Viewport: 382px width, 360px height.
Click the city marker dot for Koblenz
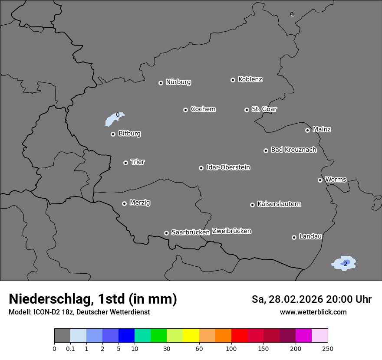pos(233,80)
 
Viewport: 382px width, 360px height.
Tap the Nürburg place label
pos(178,82)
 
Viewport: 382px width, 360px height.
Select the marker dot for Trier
pos(125,163)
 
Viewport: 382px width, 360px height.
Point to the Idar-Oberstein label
pos(228,167)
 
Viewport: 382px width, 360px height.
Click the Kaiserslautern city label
pos(279,204)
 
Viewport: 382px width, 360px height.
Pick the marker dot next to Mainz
pos(307,130)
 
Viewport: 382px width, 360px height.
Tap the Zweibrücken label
pos(231,231)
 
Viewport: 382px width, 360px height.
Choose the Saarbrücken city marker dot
pos(166,233)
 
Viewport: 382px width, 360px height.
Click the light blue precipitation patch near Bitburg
pos(114,119)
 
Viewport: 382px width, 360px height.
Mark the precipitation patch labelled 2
pos(344,263)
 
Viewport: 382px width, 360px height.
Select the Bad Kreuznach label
pos(293,150)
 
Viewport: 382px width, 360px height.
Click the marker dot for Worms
pos(320,180)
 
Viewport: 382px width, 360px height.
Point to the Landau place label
pos(310,236)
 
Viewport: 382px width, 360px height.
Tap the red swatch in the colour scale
pos(239,336)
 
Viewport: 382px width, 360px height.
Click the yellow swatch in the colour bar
pos(191,336)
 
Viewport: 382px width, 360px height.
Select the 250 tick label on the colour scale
pos(328,348)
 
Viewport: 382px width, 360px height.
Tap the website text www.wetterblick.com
pos(313,312)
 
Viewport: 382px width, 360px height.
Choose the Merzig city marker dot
pos(124,203)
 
